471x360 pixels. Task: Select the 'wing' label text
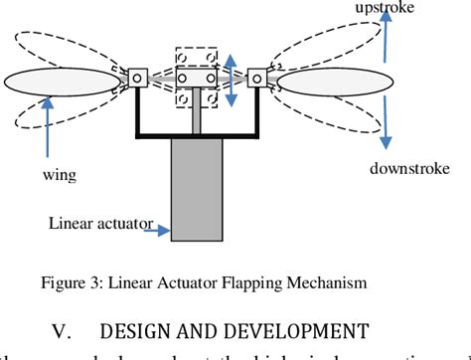(59, 176)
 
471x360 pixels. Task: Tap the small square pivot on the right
(257, 76)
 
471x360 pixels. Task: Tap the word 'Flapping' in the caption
(257, 282)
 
